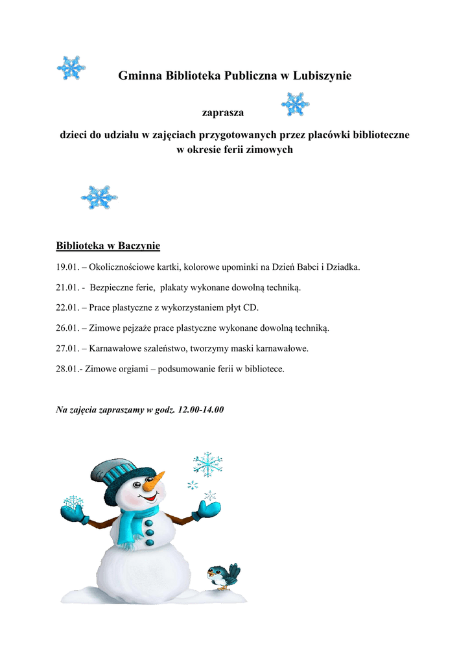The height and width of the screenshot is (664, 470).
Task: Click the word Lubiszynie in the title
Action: point(322,76)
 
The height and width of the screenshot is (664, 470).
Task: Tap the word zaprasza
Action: point(223,113)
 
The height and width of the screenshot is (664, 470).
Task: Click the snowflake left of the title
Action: point(71,68)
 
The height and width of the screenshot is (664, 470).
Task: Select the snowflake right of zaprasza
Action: point(294,104)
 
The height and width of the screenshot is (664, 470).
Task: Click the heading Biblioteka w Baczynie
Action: point(108,246)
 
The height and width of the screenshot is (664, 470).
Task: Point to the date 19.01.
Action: point(68,267)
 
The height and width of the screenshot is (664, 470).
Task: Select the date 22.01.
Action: point(68,307)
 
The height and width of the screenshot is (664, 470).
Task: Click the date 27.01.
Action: point(68,348)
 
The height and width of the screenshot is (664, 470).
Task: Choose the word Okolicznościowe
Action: point(128,267)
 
